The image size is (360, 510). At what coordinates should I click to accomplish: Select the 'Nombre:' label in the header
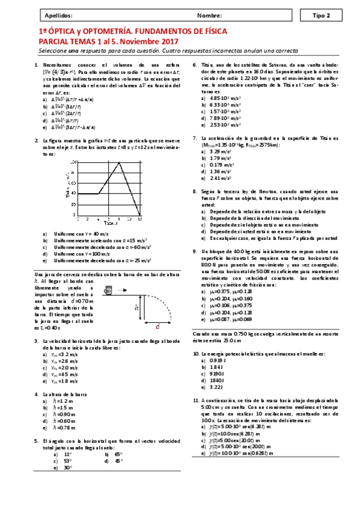point(209,15)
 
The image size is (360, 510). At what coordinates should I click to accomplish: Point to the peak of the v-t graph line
point(120,162)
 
